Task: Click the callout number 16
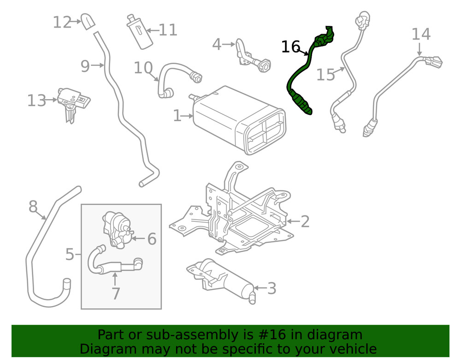pyautogui.click(x=290, y=47)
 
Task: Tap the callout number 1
pyautogui.click(x=177, y=116)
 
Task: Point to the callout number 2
pyautogui.click(x=305, y=222)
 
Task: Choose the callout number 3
pyautogui.click(x=272, y=289)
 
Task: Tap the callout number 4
pyautogui.click(x=217, y=45)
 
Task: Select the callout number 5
pyautogui.click(x=69, y=254)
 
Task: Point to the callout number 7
pyautogui.click(x=115, y=293)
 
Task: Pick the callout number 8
pyautogui.click(x=33, y=207)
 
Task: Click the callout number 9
pyautogui.click(x=85, y=66)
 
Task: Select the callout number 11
pyautogui.click(x=168, y=30)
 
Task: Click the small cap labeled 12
pyautogui.click(x=88, y=21)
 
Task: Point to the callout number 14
pyautogui.click(x=420, y=34)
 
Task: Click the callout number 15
pyautogui.click(x=325, y=74)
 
